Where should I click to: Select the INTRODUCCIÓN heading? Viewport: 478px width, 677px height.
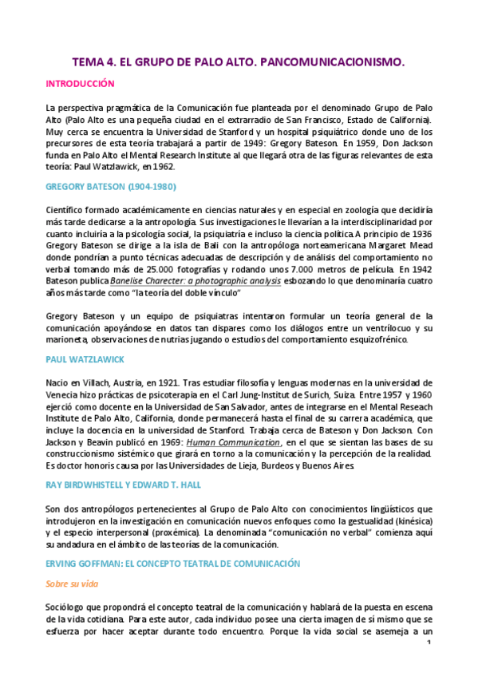(80, 83)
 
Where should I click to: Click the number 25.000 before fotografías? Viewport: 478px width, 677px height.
(181, 271)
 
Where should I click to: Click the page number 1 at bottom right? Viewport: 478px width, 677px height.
(429, 643)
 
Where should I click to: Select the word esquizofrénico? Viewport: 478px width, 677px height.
(373, 339)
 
